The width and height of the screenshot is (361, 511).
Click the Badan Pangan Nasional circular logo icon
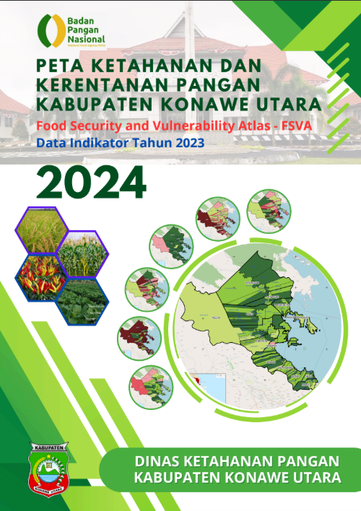tap(49, 30)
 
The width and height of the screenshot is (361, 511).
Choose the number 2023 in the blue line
tap(188, 144)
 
